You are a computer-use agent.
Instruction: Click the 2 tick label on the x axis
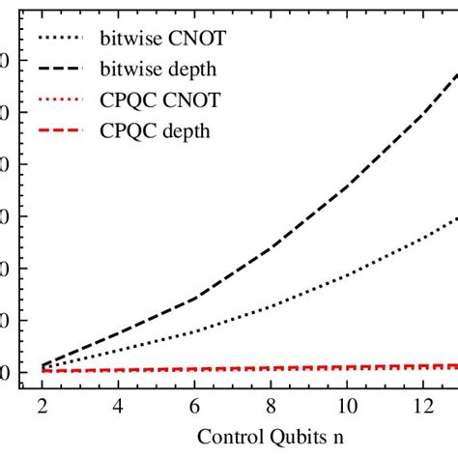click(43, 407)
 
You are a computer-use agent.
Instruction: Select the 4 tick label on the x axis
click(118, 407)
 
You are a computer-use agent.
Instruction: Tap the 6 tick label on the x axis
click(193, 407)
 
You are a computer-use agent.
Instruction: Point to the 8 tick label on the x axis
click(270, 407)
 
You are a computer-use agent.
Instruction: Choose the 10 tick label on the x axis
click(345, 407)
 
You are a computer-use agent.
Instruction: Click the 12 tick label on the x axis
click(420, 407)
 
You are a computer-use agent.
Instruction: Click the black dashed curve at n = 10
click(345, 185)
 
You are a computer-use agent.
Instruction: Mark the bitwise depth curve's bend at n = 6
click(193, 298)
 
